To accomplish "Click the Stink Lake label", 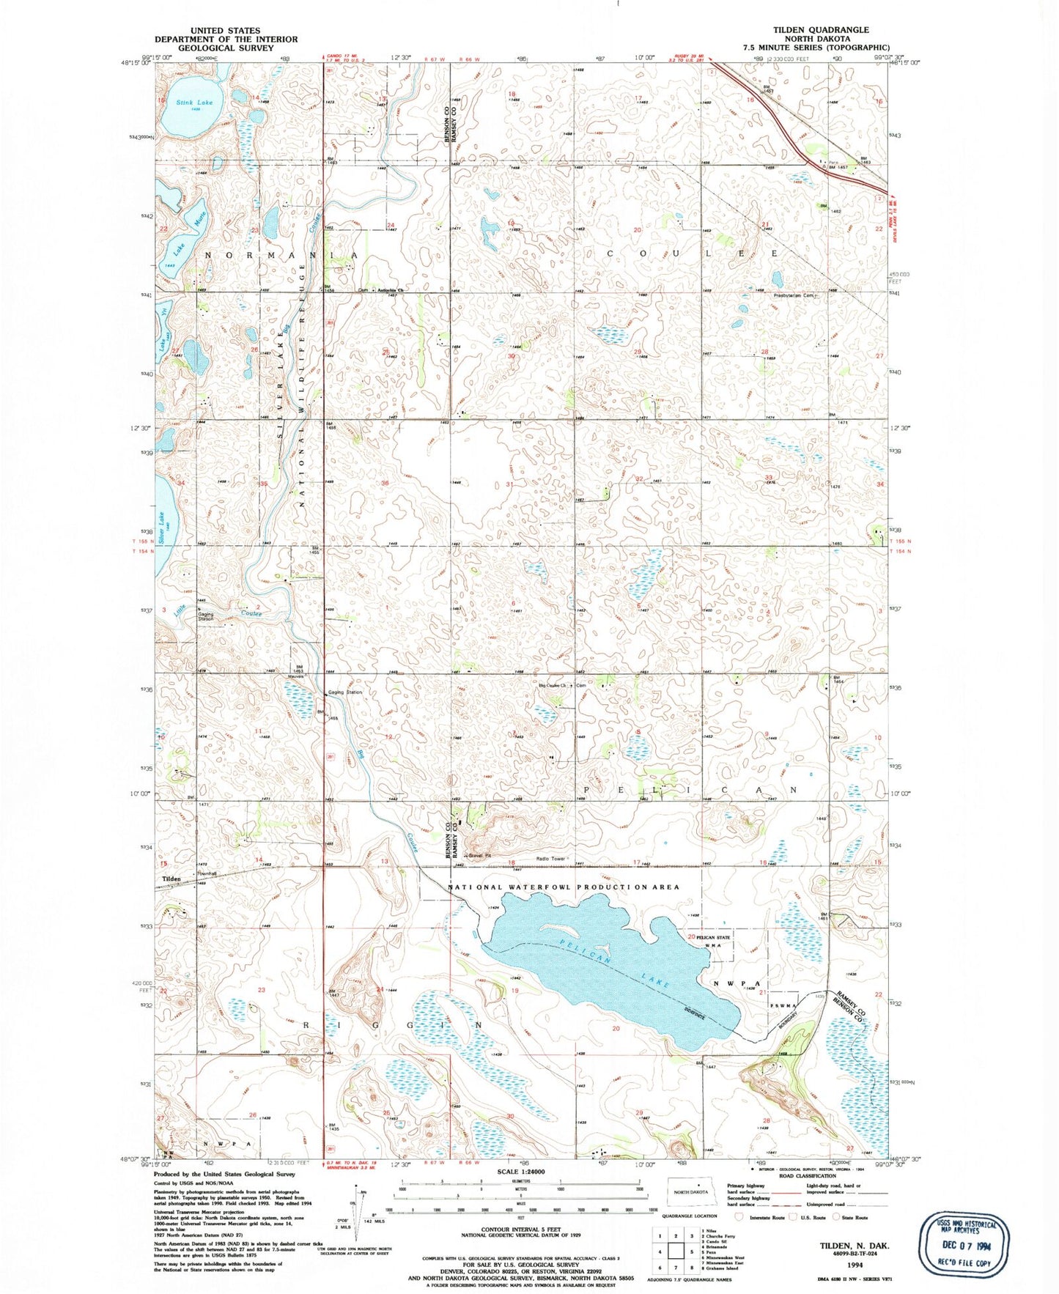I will coord(194,103).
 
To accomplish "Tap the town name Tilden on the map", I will coord(171,879).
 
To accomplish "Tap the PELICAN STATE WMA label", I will coord(713,941).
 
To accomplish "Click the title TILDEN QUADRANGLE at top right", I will coord(821,30).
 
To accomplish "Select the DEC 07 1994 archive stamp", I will coord(964,1244).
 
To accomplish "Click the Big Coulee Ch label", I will coord(555,686).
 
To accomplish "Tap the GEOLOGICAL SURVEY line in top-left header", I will coord(225,48).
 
